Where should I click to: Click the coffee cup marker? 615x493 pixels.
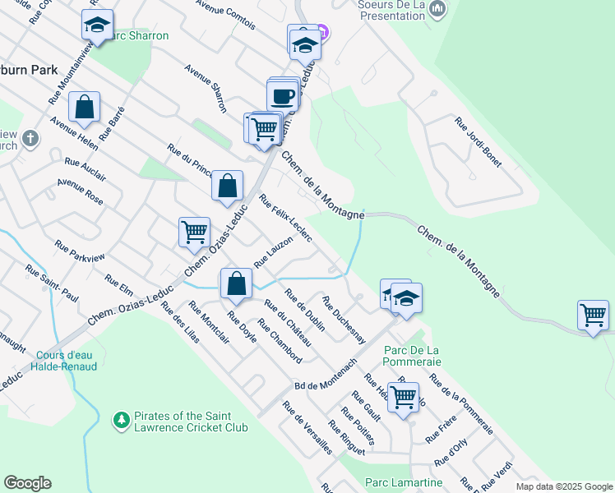pyautogui.click(x=284, y=95)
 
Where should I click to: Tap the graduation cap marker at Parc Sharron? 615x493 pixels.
pyautogui.click(x=97, y=25)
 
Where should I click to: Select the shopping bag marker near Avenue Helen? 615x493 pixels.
pyautogui.click(x=84, y=107)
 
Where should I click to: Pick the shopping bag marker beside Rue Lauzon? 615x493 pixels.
pyautogui.click(x=236, y=283)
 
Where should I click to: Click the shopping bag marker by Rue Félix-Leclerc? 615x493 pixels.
pyautogui.click(x=228, y=186)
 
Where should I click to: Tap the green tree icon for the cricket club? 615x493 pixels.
pyautogui.click(x=122, y=421)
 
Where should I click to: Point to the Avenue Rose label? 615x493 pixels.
pyautogui.click(x=81, y=192)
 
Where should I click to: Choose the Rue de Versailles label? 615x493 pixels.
pyautogui.click(x=307, y=428)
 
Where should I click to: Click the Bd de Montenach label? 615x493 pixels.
pyautogui.click(x=325, y=375)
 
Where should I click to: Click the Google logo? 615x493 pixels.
pyautogui.click(x=27, y=483)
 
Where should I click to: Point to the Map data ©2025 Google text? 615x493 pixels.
pyautogui.click(x=563, y=486)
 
